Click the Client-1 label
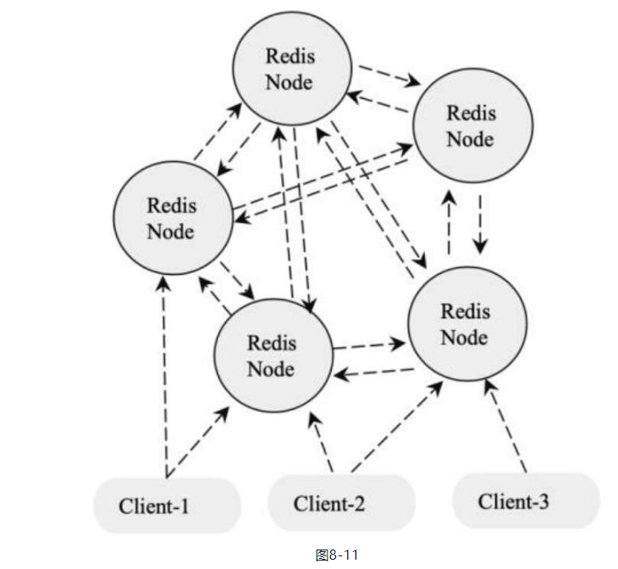point(154,506)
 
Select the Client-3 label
point(513,501)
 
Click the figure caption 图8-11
point(336,555)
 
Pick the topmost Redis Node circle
point(290,69)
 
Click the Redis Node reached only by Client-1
point(172,217)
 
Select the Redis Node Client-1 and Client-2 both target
point(271,356)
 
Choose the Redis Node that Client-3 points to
point(465,324)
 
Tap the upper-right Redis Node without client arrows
point(471,124)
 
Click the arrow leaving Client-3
point(507,426)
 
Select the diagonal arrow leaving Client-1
point(198,441)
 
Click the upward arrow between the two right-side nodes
point(449,222)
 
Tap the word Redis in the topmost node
point(290,57)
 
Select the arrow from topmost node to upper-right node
point(389,75)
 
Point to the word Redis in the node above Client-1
point(171,205)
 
